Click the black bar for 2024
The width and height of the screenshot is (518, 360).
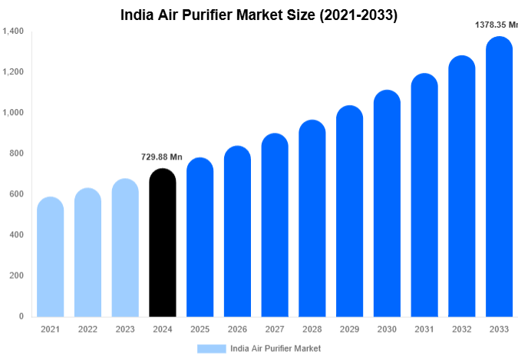click(162, 244)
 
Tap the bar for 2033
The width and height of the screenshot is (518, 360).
click(499, 178)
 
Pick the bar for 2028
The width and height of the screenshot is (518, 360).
click(312, 220)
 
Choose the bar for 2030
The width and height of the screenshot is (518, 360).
click(387, 205)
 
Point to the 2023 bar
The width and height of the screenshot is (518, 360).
click(124, 249)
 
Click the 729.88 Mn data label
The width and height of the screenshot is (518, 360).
click(161, 157)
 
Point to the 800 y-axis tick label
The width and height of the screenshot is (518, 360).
click(17, 154)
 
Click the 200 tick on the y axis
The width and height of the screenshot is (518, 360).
click(17, 276)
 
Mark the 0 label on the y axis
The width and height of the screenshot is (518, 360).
click(21, 316)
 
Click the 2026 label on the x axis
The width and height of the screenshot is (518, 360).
click(237, 329)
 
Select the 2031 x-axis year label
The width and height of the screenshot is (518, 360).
click(424, 329)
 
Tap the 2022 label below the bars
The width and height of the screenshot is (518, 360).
click(87, 329)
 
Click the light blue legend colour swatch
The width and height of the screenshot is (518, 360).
click(211, 348)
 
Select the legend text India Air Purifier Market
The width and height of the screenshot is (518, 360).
click(275, 348)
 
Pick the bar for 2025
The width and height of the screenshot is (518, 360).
click(200, 239)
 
